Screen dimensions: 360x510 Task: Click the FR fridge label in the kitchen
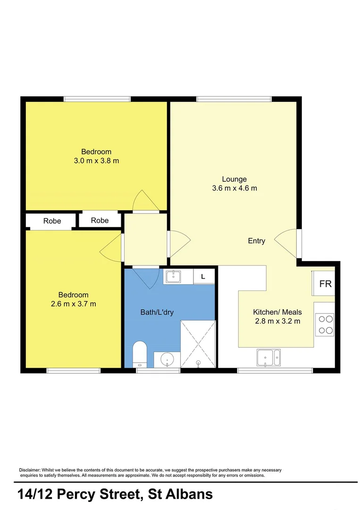tap(325, 284)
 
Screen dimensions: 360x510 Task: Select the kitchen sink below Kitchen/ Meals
tap(268, 358)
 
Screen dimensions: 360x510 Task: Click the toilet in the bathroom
tap(140, 354)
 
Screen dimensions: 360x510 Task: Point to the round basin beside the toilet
tap(167, 360)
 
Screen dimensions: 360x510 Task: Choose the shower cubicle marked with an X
tap(198, 344)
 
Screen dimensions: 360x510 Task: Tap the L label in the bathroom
tap(203, 277)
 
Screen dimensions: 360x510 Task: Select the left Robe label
tap(52, 221)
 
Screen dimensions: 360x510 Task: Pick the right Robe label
tap(100, 220)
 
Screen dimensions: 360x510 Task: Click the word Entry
tap(256, 241)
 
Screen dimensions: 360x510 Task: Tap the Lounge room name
tap(234, 179)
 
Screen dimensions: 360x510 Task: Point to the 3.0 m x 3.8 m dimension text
tap(97, 161)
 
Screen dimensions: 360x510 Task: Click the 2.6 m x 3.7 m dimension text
tap(74, 304)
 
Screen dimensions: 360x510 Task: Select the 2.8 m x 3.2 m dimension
tap(277, 321)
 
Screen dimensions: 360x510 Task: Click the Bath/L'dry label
tap(157, 312)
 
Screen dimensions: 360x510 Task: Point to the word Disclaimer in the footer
tap(30, 470)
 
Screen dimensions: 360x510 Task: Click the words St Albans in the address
tap(180, 494)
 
